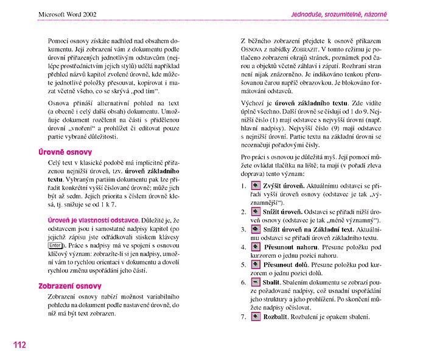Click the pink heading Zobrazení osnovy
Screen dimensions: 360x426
(70, 286)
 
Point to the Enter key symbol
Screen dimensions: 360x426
(55, 245)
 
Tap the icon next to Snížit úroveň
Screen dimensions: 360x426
(256, 211)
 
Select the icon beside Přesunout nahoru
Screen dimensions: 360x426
(256, 247)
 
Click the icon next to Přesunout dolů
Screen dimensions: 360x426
(256, 265)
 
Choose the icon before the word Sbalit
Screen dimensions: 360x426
(256, 283)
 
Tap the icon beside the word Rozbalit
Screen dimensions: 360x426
(256, 317)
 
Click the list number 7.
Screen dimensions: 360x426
(243, 317)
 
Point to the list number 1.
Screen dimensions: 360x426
(243, 185)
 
